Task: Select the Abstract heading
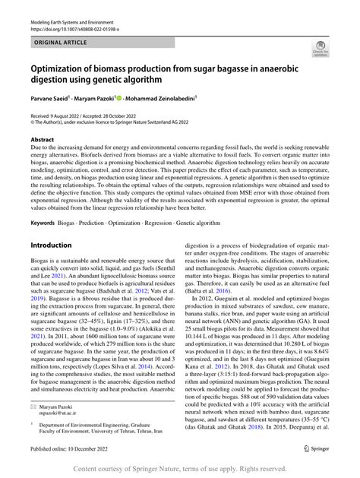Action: tap(43, 141)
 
